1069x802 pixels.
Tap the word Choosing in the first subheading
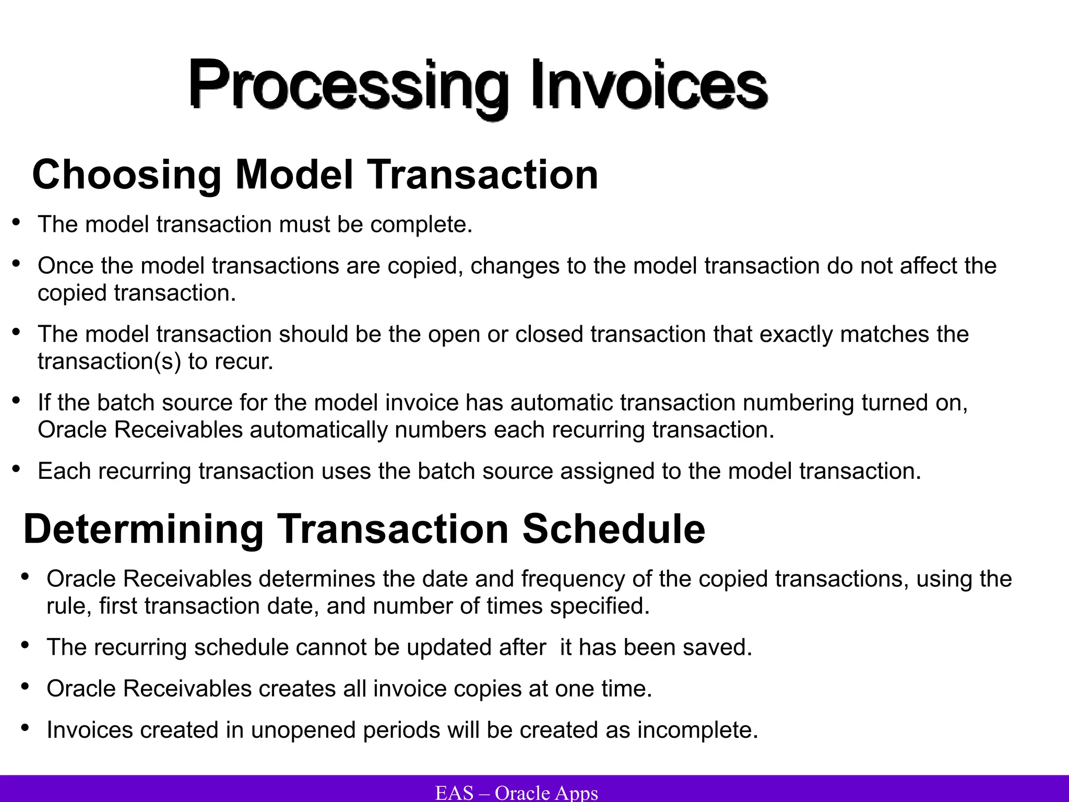tap(127, 175)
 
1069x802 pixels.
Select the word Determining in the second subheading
tap(143, 529)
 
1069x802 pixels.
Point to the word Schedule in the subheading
tap(613, 529)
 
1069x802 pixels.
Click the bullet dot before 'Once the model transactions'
tap(16, 264)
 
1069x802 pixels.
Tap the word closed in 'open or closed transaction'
tap(549, 334)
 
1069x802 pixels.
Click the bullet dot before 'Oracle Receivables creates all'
tap(25, 687)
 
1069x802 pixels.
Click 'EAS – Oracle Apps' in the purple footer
tap(516, 793)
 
